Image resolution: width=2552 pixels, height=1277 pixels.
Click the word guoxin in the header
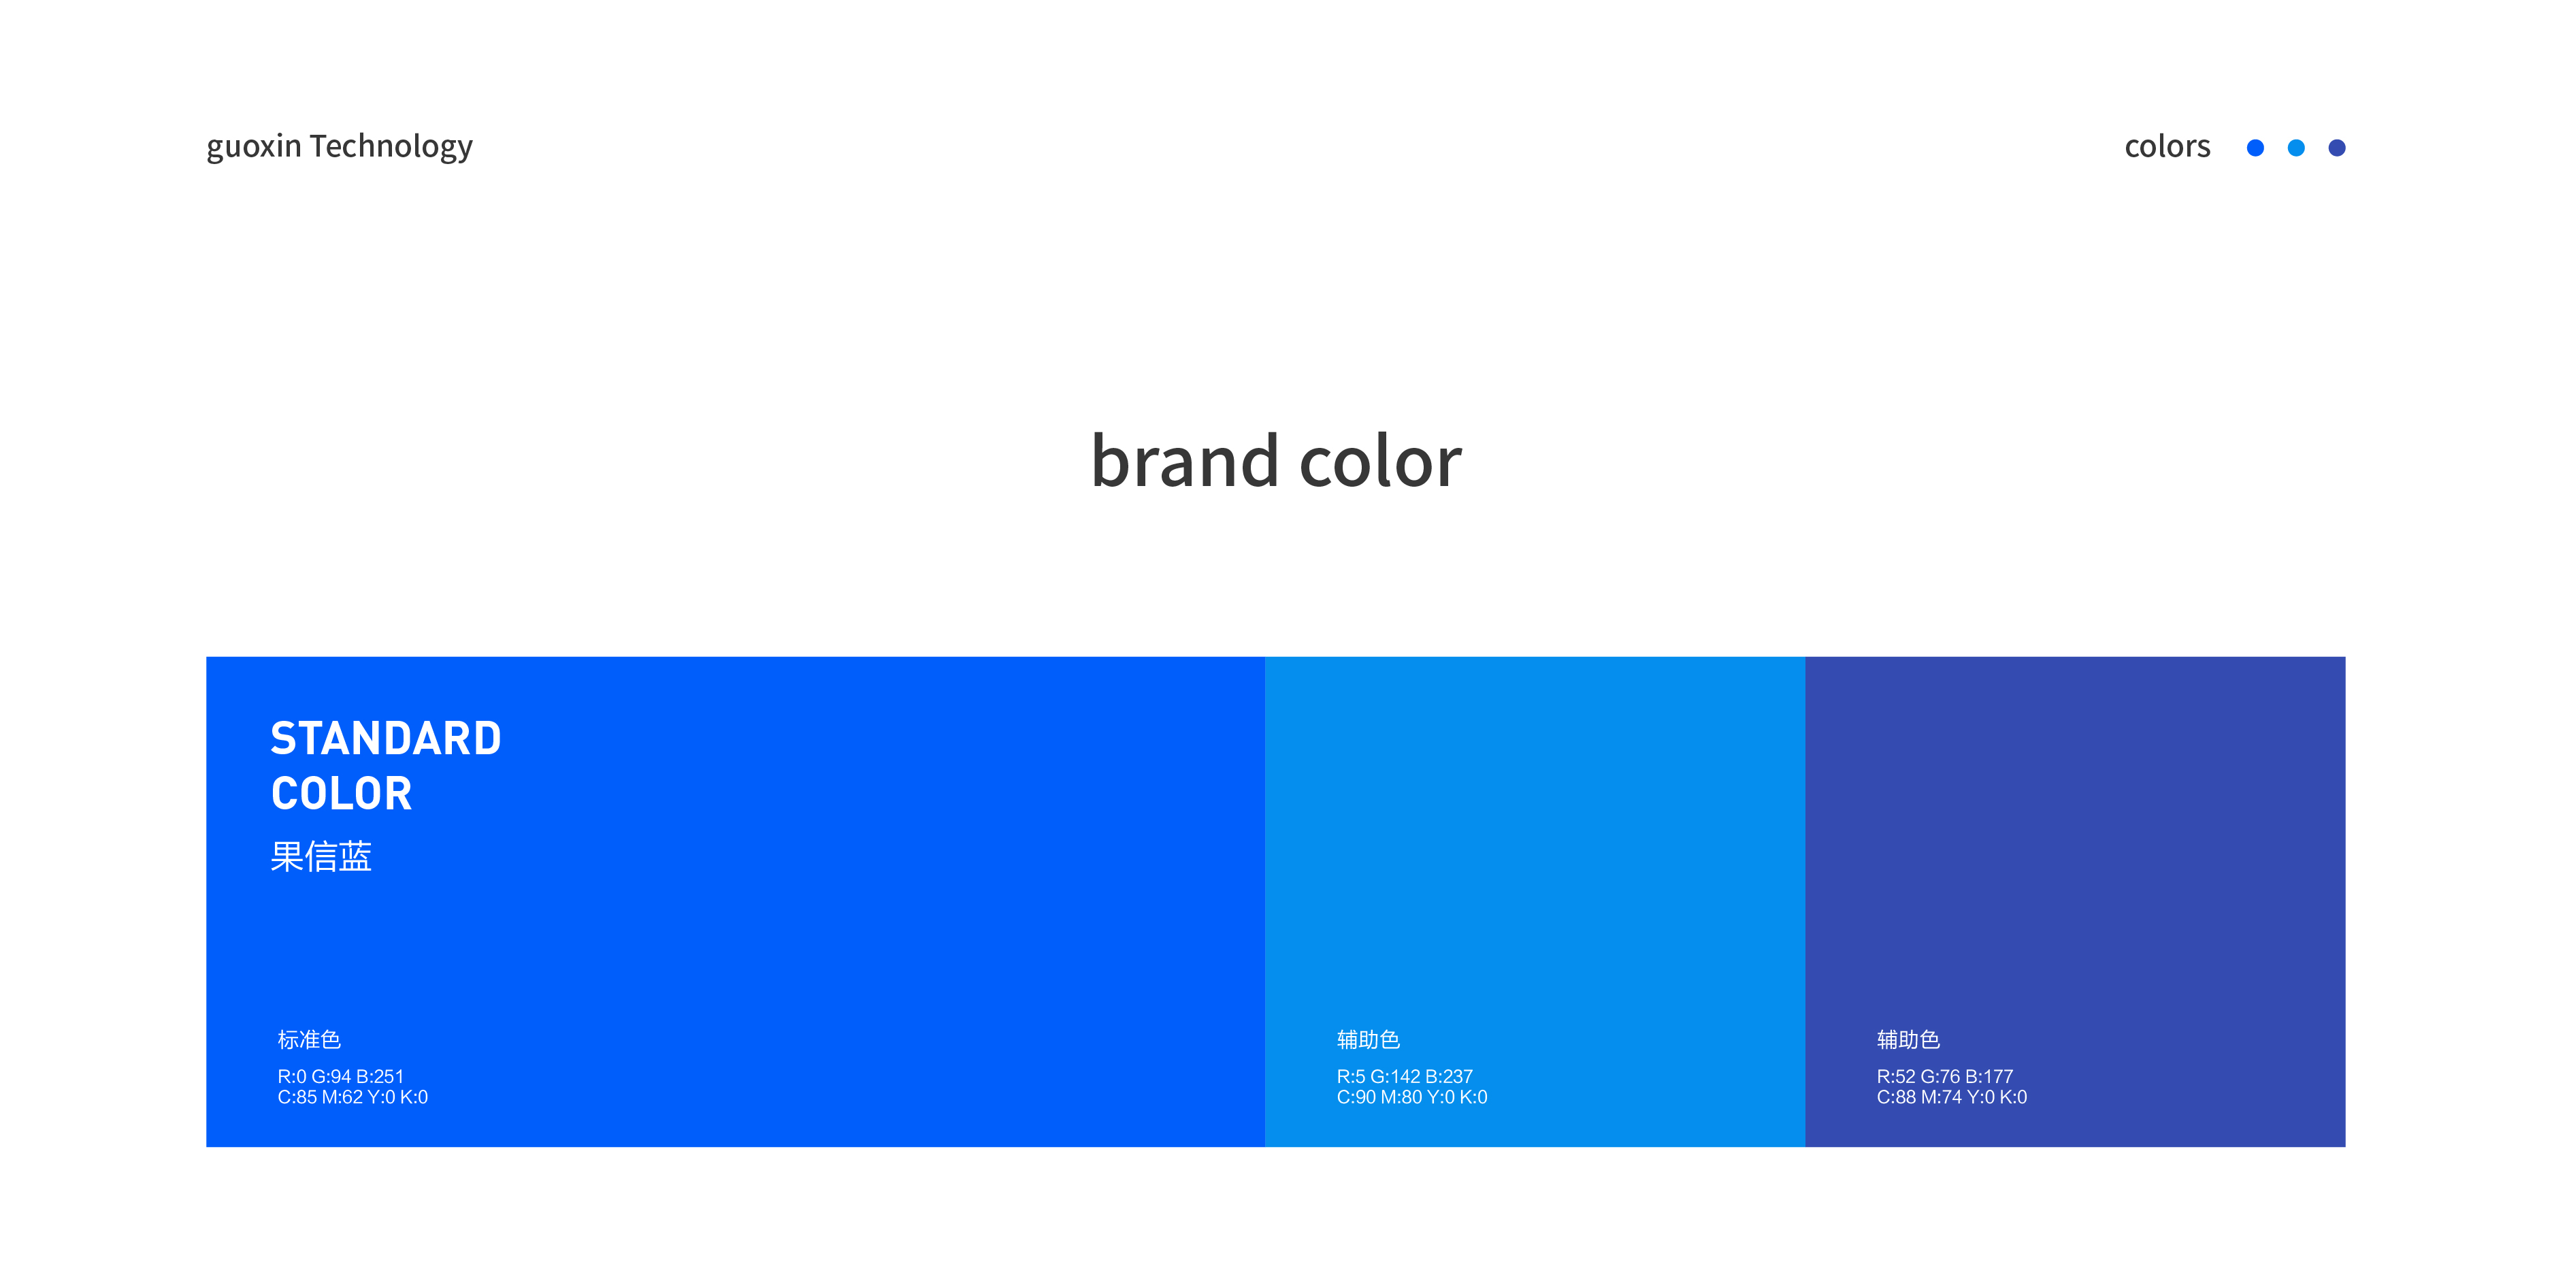point(254,146)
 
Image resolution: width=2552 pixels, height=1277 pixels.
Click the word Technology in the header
point(391,146)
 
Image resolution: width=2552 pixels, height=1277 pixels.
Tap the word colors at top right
point(2167,146)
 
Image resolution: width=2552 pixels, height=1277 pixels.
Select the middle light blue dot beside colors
point(2295,148)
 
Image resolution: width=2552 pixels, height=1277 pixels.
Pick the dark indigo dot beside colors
point(2336,148)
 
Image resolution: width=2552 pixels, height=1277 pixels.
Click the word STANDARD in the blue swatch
point(387,739)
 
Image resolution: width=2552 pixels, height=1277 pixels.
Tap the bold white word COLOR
point(342,794)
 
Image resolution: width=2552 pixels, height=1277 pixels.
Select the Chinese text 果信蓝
point(321,856)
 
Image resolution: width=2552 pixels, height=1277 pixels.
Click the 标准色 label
point(309,1039)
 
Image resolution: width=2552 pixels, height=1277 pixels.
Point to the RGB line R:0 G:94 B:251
point(341,1076)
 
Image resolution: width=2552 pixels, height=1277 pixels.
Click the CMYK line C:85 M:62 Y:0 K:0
point(353,1097)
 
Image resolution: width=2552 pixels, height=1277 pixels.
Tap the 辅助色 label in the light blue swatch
point(1368,1039)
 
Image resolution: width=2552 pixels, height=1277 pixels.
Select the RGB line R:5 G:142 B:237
point(1405,1076)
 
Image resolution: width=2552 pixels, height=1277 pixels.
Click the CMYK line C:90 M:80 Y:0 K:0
point(1411,1097)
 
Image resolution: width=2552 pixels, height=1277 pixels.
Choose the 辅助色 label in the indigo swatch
point(1908,1039)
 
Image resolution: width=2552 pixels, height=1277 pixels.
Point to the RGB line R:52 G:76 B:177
point(1945,1076)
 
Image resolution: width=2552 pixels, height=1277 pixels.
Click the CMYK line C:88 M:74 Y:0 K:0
point(1952,1097)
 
